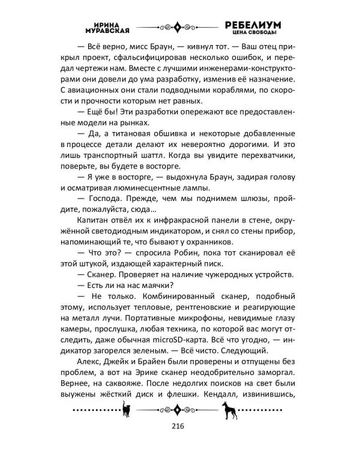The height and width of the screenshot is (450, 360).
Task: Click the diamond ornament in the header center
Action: pos(178,27)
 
